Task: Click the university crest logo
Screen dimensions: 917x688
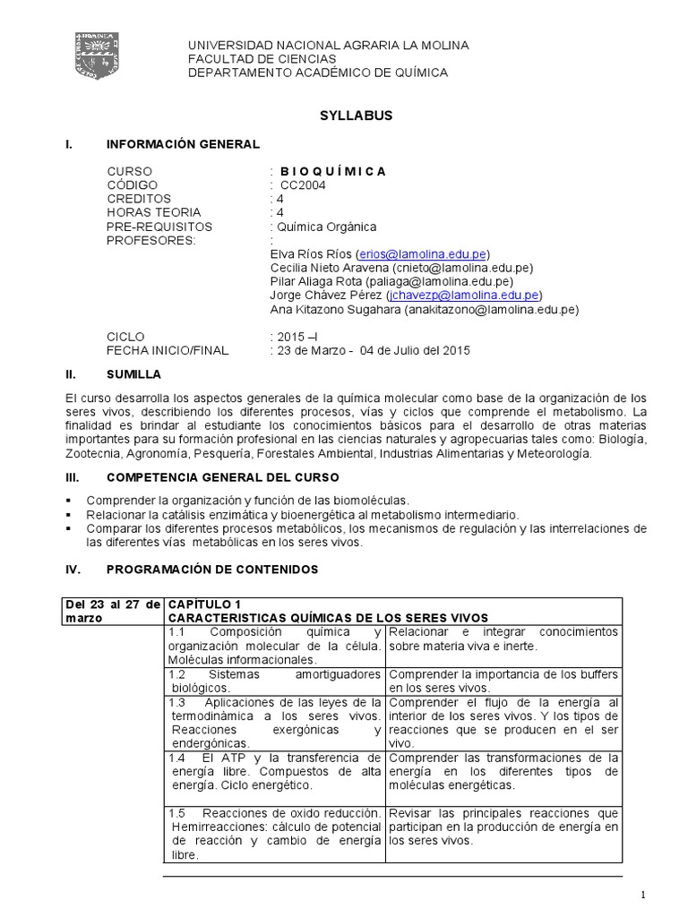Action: [97, 57]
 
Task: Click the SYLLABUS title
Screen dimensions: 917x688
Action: [344, 116]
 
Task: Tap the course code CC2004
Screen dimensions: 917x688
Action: [303, 185]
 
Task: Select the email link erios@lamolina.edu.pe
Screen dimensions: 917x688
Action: [423, 253]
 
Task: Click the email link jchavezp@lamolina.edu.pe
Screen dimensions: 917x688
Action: [462, 295]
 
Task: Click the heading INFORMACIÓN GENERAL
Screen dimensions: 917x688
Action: [183, 143]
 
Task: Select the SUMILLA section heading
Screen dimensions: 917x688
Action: [133, 373]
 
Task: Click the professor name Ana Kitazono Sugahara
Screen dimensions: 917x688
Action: [335, 310]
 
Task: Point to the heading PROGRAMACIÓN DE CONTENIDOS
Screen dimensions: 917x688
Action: [211, 570]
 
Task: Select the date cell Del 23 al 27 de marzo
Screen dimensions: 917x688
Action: [112, 611]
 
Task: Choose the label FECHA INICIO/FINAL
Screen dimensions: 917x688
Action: [168, 350]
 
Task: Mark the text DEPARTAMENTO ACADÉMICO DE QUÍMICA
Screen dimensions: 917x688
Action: [317, 73]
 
